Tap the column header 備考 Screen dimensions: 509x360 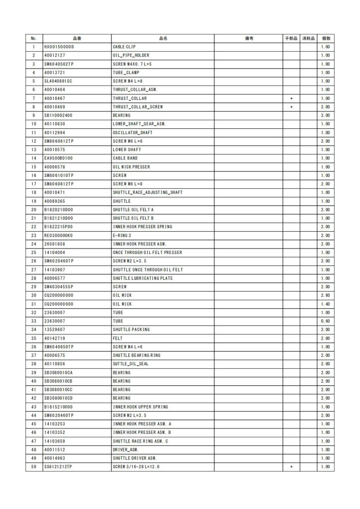249,38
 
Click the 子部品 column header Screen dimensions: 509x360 291,38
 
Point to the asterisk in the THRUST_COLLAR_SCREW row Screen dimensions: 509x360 291,107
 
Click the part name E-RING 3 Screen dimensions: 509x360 122,235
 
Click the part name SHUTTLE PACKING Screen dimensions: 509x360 131,330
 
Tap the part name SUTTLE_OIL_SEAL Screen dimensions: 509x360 131,364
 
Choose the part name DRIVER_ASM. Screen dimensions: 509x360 125,449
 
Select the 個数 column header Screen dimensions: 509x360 326,38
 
